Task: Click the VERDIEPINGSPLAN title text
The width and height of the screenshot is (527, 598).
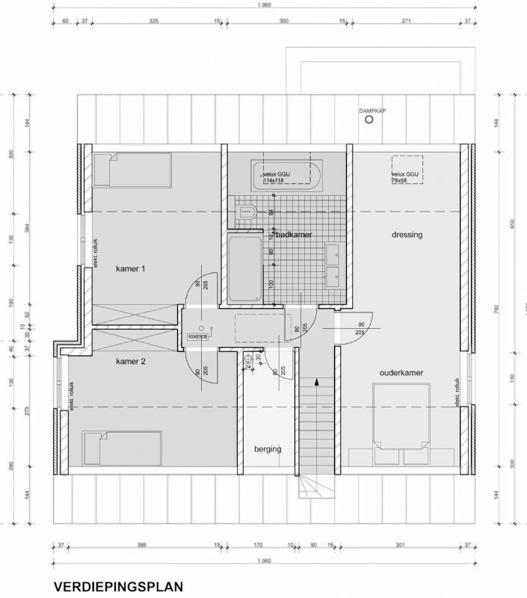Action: point(117,587)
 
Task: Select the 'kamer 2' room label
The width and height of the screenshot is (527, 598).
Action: point(130,361)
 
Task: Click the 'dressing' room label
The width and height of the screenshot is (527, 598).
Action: point(407,235)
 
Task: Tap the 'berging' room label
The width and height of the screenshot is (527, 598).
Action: point(267,449)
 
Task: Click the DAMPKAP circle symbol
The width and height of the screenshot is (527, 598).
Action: point(367,121)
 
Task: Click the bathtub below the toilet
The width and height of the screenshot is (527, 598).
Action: point(244,269)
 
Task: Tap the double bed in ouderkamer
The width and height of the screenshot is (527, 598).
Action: point(401,414)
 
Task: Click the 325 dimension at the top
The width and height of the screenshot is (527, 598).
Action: point(154,22)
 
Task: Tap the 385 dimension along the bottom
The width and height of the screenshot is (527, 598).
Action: point(141,545)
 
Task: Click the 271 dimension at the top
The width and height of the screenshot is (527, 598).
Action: point(407,22)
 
